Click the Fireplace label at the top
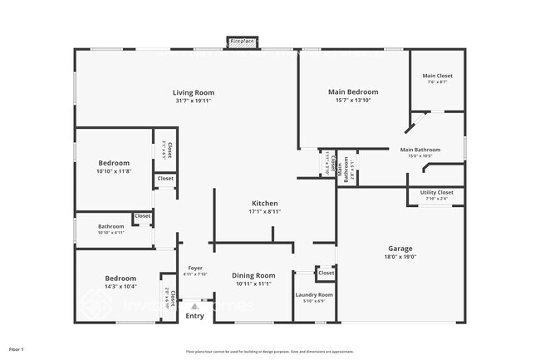point(243,40)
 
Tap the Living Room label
point(194,92)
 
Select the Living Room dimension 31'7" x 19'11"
point(194,101)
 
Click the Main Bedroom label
point(353,91)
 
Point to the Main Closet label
point(438,76)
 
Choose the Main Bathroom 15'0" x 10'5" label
point(424,150)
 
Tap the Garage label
point(400,248)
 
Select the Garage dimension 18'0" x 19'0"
point(400,257)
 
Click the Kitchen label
point(265,203)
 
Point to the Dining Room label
point(253,275)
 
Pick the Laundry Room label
point(315,294)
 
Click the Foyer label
point(195,268)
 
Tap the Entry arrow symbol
point(195,306)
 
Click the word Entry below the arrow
point(194,316)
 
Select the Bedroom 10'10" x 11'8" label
point(114,163)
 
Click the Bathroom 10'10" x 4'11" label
point(110,226)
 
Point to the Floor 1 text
point(17,349)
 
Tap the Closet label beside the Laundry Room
point(326,273)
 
